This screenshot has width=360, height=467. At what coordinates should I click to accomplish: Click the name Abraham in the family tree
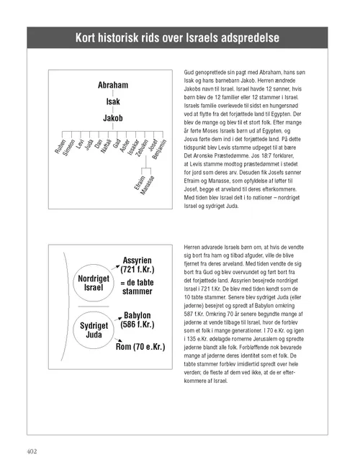pyautogui.click(x=113, y=86)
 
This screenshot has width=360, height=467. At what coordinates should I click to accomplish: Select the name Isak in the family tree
pyautogui.click(x=113, y=101)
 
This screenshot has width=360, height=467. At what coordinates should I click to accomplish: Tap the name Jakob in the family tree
pyautogui.click(x=113, y=117)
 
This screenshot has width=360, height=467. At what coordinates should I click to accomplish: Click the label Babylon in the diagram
pyautogui.click(x=142, y=315)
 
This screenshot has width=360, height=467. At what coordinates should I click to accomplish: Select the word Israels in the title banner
pyautogui.click(x=207, y=37)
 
